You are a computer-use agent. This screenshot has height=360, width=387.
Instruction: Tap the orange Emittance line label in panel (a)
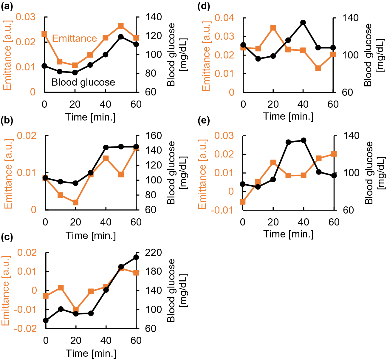click(74, 38)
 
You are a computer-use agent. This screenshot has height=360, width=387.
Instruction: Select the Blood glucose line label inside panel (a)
click(83, 82)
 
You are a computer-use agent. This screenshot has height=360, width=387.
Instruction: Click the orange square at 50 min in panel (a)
click(121, 26)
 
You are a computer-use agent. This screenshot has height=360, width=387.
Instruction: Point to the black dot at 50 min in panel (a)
click(121, 37)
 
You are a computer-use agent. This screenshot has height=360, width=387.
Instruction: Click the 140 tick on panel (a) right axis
click(154, 17)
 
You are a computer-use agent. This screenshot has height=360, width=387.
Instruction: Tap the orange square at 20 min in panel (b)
click(75, 203)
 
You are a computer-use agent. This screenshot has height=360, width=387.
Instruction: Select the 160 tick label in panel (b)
click(154, 136)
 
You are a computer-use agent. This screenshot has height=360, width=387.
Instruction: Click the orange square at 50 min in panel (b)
click(121, 174)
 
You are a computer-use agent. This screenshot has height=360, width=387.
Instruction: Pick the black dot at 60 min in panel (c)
click(136, 257)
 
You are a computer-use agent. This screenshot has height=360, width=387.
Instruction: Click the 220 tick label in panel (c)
click(154, 253)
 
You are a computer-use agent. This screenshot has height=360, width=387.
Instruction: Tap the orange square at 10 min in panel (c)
click(61, 288)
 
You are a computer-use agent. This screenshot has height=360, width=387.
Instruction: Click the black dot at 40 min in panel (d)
click(303, 23)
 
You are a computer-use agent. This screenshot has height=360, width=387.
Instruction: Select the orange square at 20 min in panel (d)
click(273, 28)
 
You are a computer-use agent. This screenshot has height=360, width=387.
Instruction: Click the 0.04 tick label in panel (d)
click(224, 18)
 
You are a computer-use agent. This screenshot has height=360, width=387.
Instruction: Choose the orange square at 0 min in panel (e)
click(243, 202)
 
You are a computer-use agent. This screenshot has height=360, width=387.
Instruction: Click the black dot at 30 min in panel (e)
click(288, 142)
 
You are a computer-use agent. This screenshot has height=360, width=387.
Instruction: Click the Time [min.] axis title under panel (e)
click(288, 234)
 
